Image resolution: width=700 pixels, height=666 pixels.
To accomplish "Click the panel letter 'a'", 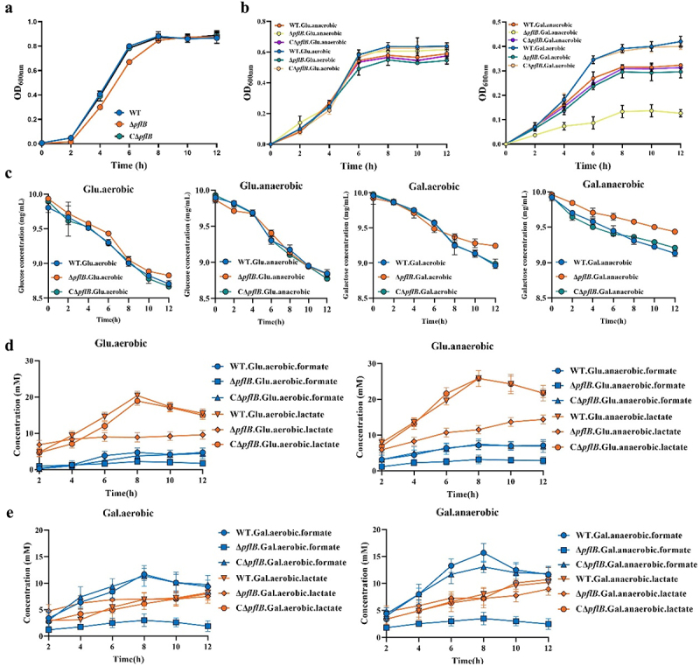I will click(7, 7).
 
